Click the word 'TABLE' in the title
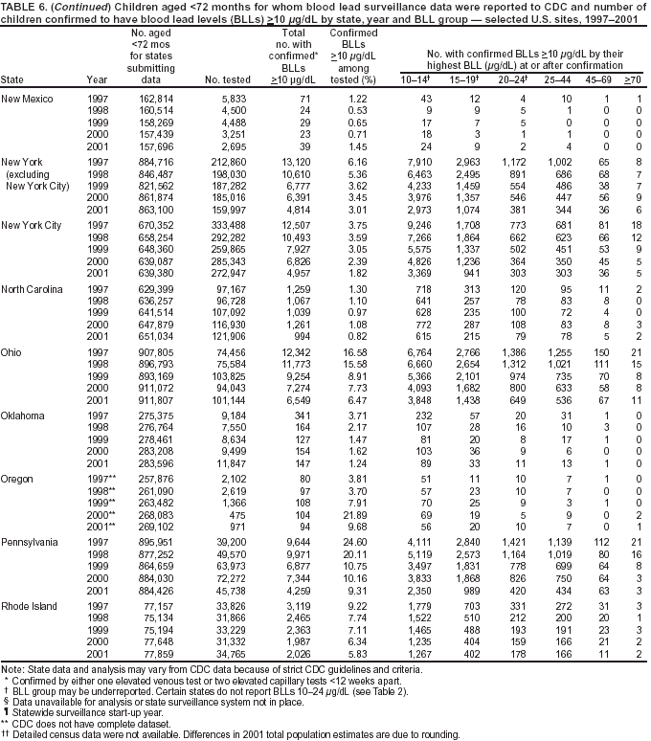(x=20, y=7)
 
